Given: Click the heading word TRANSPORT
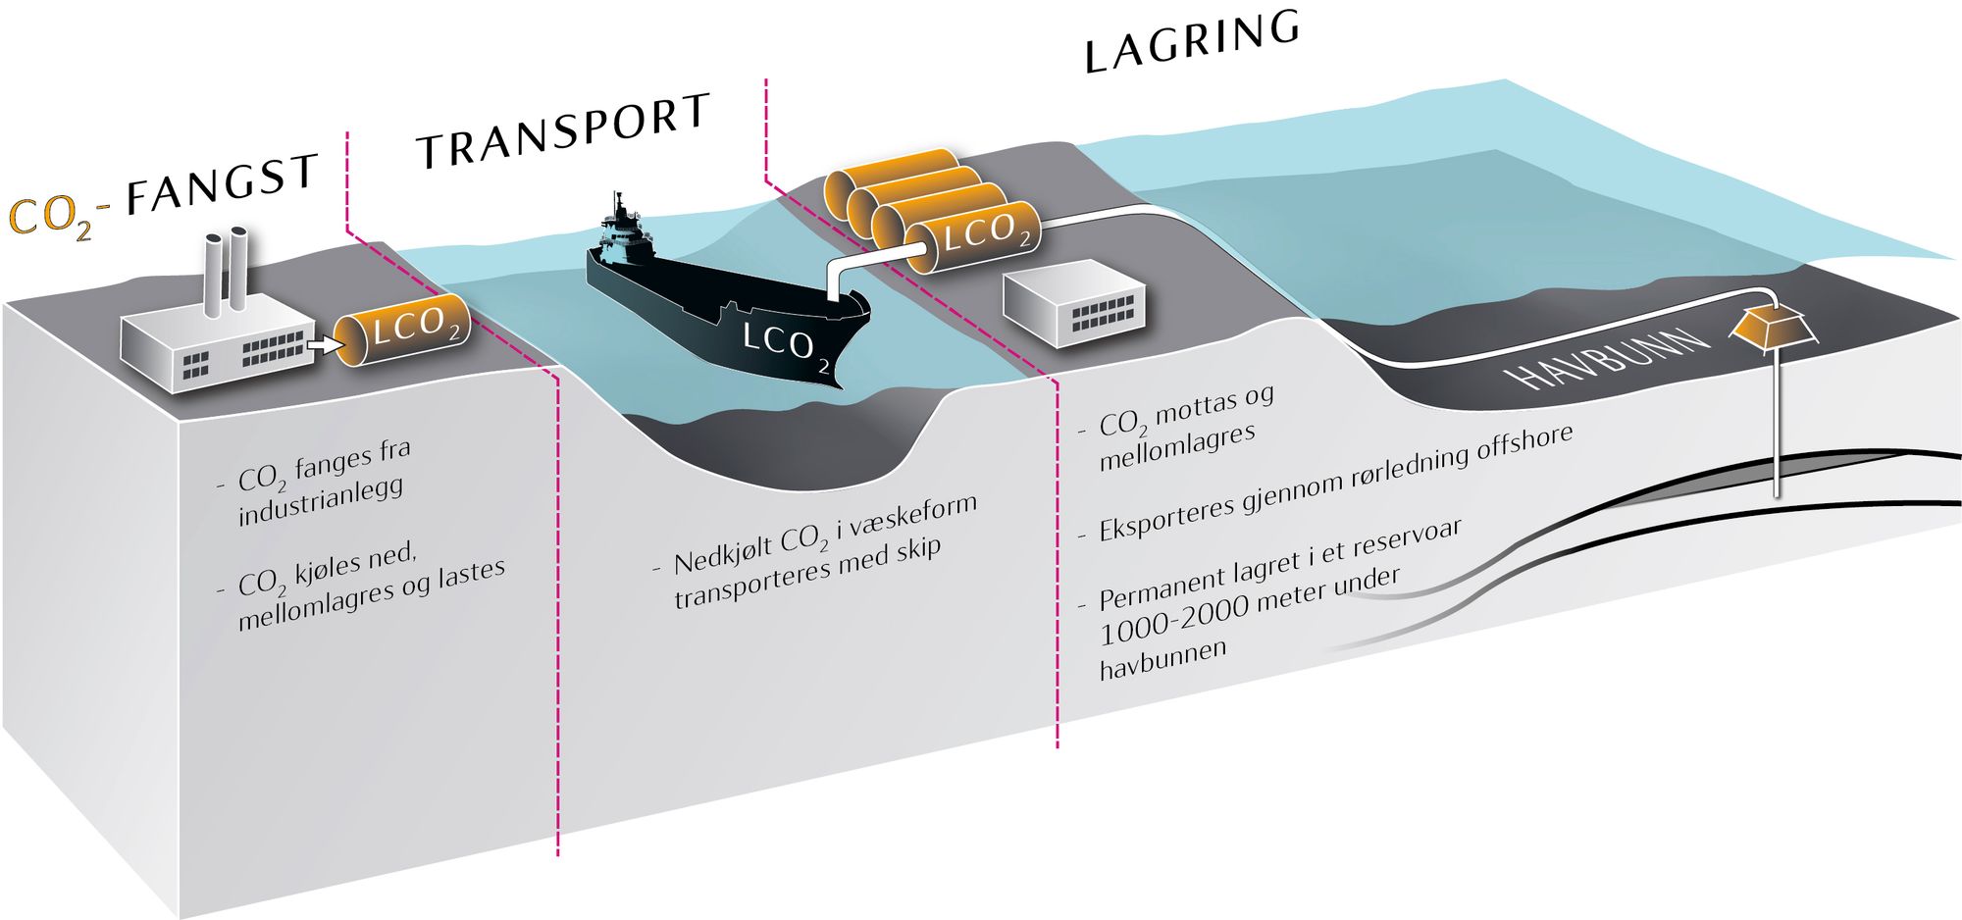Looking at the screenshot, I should (563, 131).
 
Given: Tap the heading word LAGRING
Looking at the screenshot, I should (1192, 42).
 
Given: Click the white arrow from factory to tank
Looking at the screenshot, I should (322, 344).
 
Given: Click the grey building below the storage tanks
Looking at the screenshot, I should (1075, 303).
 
